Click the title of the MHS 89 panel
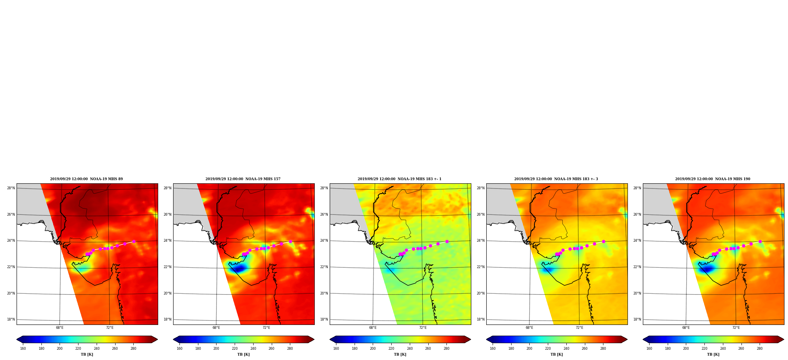coord(86,179)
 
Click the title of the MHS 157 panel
coord(243,179)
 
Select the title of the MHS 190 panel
coord(713,179)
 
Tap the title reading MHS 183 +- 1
coord(400,179)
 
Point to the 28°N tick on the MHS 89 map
coord(11,188)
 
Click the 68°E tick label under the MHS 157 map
coord(216,328)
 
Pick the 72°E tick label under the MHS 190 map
coord(736,328)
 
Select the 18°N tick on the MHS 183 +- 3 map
coord(480,319)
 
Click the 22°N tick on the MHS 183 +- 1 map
coord(324,267)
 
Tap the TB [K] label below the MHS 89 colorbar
coord(87,354)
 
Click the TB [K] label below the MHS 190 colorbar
coord(713,354)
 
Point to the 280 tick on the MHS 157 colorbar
coord(290,349)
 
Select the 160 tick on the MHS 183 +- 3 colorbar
coord(493,349)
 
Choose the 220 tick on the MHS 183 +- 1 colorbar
coord(391,349)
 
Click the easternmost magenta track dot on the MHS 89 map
coord(134,241)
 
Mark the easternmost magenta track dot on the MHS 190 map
coord(760,241)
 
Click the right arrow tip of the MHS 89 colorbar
coord(157,339)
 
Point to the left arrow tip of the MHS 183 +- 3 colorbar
coord(487,339)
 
